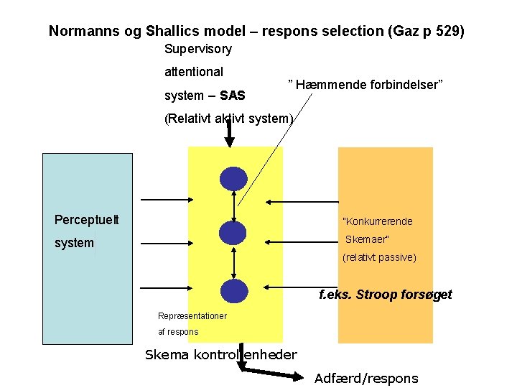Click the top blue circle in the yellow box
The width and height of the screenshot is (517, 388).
(x=233, y=178)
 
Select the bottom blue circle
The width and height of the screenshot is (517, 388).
(x=233, y=290)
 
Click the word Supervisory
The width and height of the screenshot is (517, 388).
(x=198, y=49)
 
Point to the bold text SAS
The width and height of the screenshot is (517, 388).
(x=233, y=96)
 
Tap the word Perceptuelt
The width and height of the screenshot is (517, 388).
(x=87, y=219)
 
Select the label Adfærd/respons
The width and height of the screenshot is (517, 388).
(x=366, y=378)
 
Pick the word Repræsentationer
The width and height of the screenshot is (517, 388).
(x=192, y=316)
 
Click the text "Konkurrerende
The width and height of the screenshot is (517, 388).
(x=378, y=221)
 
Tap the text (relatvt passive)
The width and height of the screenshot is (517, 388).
(x=379, y=257)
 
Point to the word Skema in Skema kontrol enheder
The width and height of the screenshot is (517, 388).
(x=167, y=354)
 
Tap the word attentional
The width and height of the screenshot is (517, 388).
(x=194, y=72)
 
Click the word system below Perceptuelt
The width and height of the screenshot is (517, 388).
(x=74, y=243)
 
